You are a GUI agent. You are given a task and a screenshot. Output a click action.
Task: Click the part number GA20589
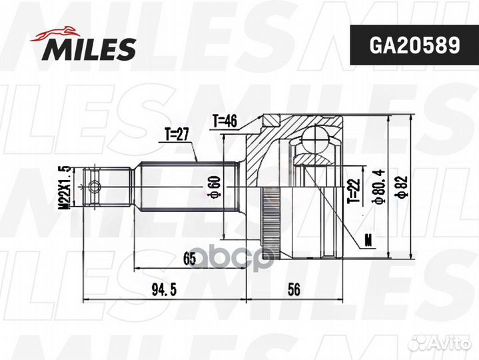pyautogui.click(x=414, y=45)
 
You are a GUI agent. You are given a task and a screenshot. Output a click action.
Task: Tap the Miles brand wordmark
pyautogui.click(x=89, y=49)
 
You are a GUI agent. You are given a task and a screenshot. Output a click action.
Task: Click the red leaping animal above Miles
pyautogui.click(x=55, y=33)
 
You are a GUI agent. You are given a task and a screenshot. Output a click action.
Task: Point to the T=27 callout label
pyautogui.click(x=177, y=135)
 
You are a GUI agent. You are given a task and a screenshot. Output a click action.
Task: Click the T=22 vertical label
pyautogui.click(x=354, y=191)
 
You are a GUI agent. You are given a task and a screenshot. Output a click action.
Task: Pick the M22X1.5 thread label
pyautogui.click(x=65, y=187)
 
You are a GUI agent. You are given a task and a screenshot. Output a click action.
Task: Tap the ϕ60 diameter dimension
pyautogui.click(x=215, y=186)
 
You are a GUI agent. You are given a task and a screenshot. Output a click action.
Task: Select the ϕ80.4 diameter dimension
pyautogui.click(x=379, y=187)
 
